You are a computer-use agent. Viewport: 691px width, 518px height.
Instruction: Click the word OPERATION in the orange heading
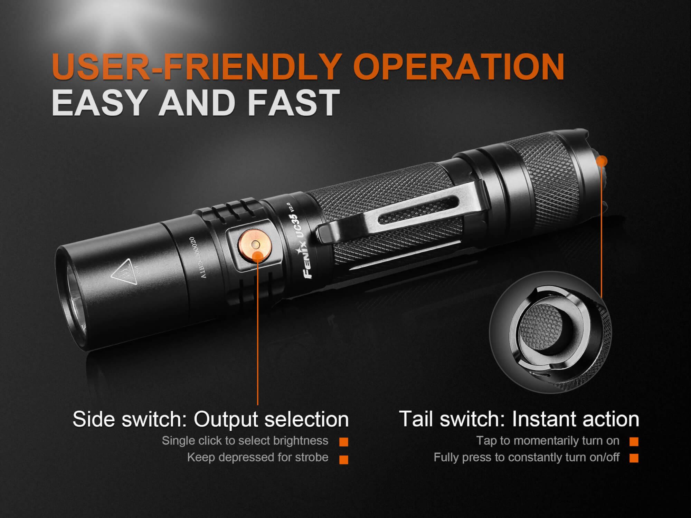pyautogui.click(x=458, y=66)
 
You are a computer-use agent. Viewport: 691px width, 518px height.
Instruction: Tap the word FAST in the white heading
pyautogui.click(x=294, y=102)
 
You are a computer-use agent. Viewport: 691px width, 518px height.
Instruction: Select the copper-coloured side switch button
pyautogui.click(x=255, y=244)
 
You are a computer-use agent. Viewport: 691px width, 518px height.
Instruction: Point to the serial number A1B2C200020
pyautogui.click(x=197, y=257)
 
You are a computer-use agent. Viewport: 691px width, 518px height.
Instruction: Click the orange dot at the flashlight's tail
pyautogui.click(x=602, y=161)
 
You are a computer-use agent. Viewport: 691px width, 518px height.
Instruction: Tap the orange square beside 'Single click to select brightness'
pyautogui.click(x=344, y=442)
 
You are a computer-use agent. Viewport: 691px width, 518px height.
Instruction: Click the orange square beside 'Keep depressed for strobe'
pyautogui.click(x=344, y=460)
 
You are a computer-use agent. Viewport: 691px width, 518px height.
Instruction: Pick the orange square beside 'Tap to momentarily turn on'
pyautogui.click(x=634, y=441)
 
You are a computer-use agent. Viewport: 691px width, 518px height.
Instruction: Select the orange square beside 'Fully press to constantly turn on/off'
pyautogui.click(x=634, y=458)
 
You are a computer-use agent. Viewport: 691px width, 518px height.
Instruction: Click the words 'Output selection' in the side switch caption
pyautogui.click(x=271, y=420)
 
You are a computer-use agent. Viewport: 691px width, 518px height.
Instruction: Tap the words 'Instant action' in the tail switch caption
pyautogui.click(x=575, y=419)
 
